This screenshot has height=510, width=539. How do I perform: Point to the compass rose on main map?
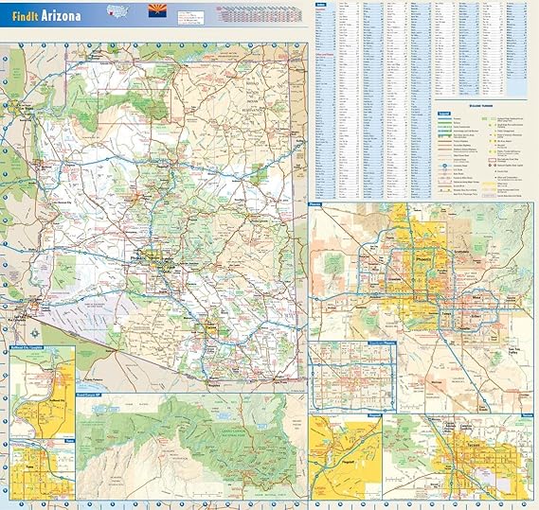(35, 333)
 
